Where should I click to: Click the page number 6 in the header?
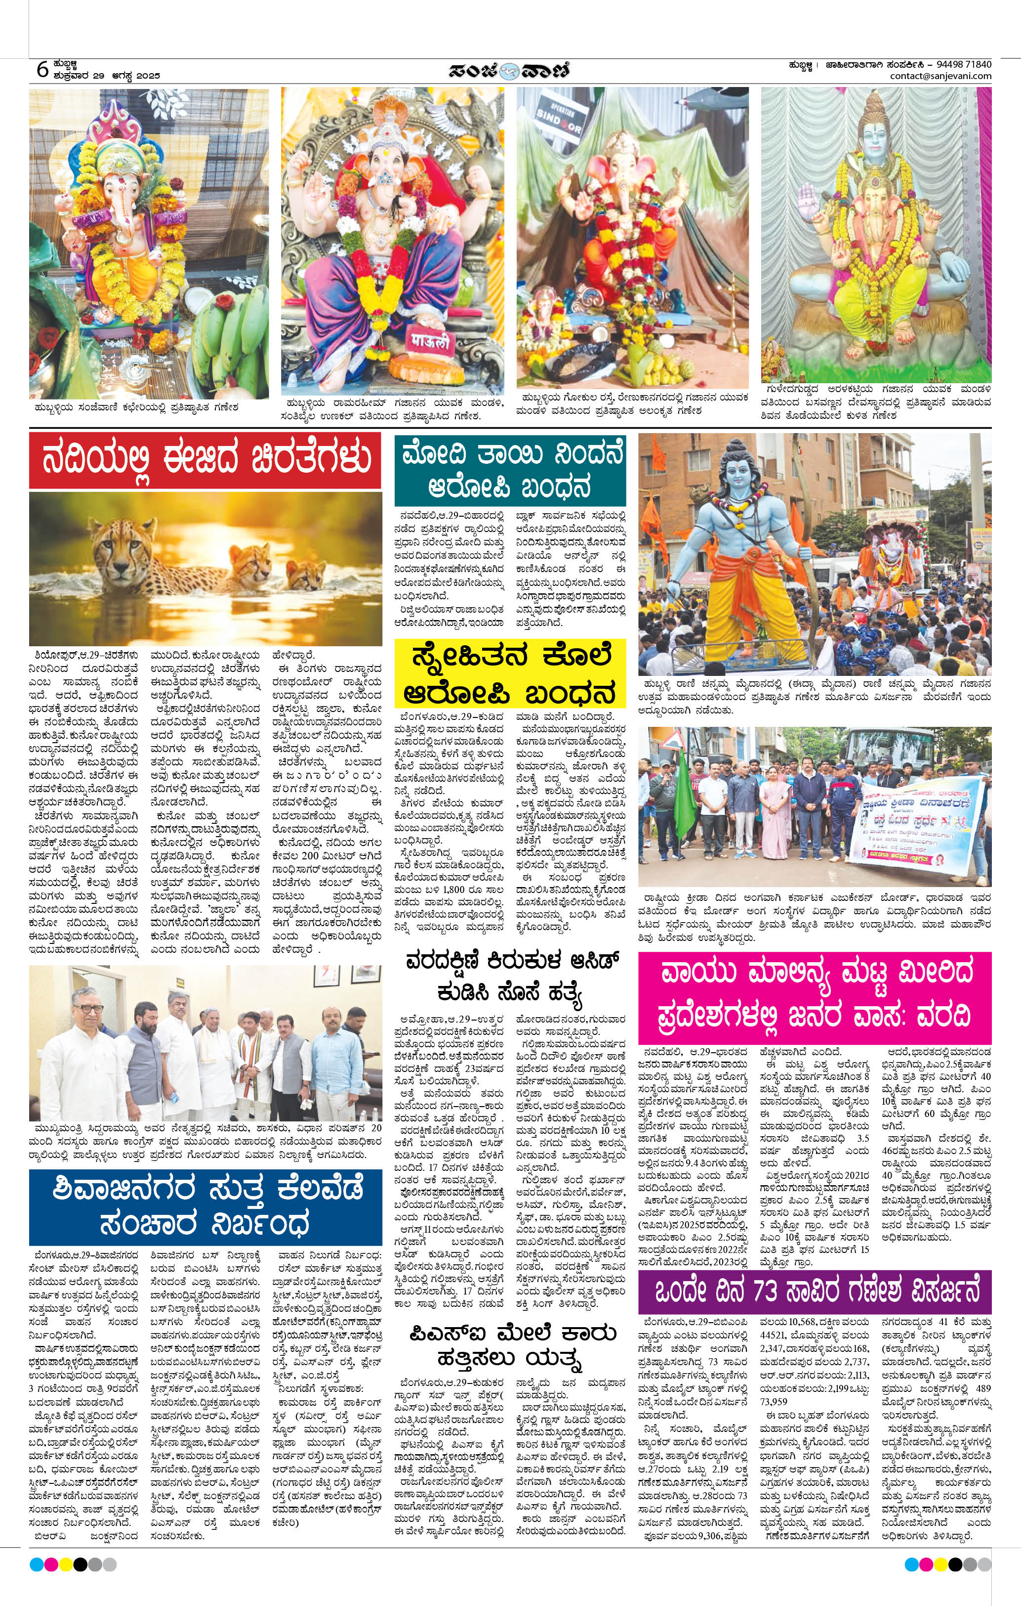pyautogui.click(x=42, y=69)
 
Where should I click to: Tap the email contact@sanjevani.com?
pyautogui.click(x=940, y=76)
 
